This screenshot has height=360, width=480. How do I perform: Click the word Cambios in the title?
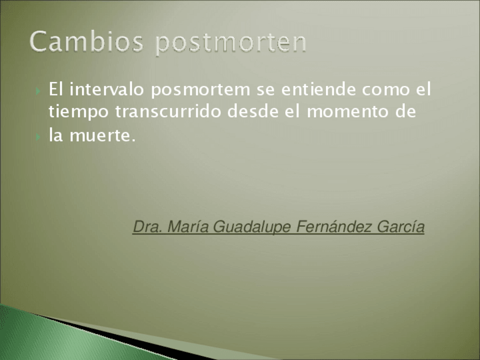click(87, 41)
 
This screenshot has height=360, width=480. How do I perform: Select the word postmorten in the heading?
click(231, 44)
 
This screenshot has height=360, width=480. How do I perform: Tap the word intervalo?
click(106, 89)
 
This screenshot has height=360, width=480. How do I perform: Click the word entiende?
click(318, 89)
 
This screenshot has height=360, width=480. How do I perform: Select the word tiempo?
click(79, 112)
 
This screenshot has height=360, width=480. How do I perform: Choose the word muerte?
click(102, 135)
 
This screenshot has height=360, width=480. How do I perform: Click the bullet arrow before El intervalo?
click(38, 91)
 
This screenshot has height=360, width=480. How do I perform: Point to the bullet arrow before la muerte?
click(38, 137)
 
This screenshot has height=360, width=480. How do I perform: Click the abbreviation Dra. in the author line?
click(148, 227)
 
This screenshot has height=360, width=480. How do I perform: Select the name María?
click(188, 227)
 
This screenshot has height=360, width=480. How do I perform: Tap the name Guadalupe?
click(252, 228)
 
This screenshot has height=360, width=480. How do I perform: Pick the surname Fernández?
click(334, 227)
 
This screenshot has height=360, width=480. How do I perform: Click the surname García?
click(401, 227)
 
